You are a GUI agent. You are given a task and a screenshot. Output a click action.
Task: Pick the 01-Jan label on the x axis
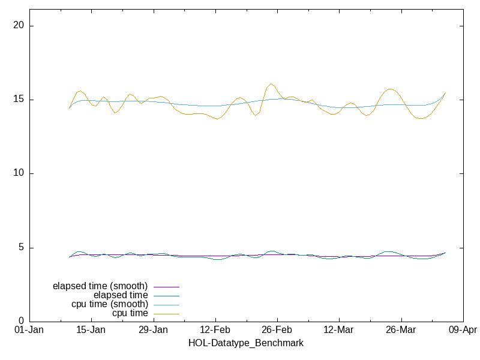pos(29,330)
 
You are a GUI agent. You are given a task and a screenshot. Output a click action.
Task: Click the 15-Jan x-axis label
pos(91,330)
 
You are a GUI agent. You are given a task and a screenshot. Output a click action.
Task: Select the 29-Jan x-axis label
pos(153,330)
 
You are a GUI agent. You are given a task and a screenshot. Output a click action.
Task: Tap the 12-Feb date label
pos(215,330)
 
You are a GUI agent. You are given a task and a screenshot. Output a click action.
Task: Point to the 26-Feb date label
pos(277,330)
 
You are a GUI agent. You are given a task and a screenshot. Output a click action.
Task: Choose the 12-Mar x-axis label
pos(338,330)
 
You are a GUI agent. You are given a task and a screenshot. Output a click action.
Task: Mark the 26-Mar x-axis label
pos(400,330)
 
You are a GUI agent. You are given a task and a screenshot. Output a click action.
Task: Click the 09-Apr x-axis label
pos(462,330)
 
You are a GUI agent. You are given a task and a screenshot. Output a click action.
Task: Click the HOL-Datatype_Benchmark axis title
pos(245,343)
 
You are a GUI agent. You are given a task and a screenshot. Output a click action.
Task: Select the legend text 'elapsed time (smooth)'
pos(100,286)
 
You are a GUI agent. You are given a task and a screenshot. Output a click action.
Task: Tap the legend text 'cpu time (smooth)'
pos(110,304)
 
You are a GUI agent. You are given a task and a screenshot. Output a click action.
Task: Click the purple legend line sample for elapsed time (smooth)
pos(166,287)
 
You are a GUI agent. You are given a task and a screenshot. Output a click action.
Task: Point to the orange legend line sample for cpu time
pos(166,314)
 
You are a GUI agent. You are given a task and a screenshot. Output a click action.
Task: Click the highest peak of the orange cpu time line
pos(271,84)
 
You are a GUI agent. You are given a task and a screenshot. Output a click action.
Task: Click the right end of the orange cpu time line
pos(445,92)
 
